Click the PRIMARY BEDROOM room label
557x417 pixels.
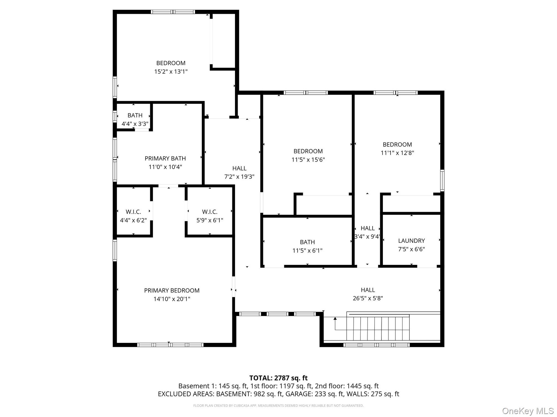(x=172, y=290)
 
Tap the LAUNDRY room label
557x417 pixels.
(x=411, y=241)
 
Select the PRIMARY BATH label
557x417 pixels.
(x=165, y=158)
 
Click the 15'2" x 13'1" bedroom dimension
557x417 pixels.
(x=171, y=72)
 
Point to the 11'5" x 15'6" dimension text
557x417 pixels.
(x=308, y=160)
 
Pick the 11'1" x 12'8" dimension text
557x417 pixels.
(x=397, y=153)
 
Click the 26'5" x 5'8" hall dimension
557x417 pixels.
(x=368, y=298)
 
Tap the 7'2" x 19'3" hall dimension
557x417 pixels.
(x=239, y=177)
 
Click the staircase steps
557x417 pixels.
(x=378, y=328)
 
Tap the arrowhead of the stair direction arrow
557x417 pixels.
(x=335, y=319)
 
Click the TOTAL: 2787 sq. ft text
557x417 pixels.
(x=278, y=378)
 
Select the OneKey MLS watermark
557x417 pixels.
(x=528, y=411)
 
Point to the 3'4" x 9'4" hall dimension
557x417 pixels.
(x=367, y=237)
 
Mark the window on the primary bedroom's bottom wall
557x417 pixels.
(x=170, y=345)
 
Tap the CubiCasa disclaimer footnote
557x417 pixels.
(x=278, y=406)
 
